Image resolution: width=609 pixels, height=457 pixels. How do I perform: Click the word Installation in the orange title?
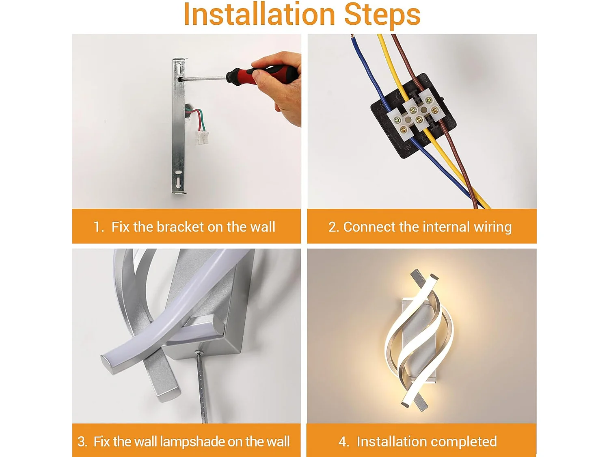pos(259,14)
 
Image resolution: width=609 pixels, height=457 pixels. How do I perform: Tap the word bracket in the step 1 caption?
pos(180,227)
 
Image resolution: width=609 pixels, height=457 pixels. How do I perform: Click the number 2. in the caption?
pos(334,227)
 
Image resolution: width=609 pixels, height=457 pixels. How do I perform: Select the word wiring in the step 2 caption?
pos(492,227)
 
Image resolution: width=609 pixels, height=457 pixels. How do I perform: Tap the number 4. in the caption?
pos(343,442)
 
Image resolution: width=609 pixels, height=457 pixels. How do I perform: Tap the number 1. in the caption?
pos(99,227)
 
